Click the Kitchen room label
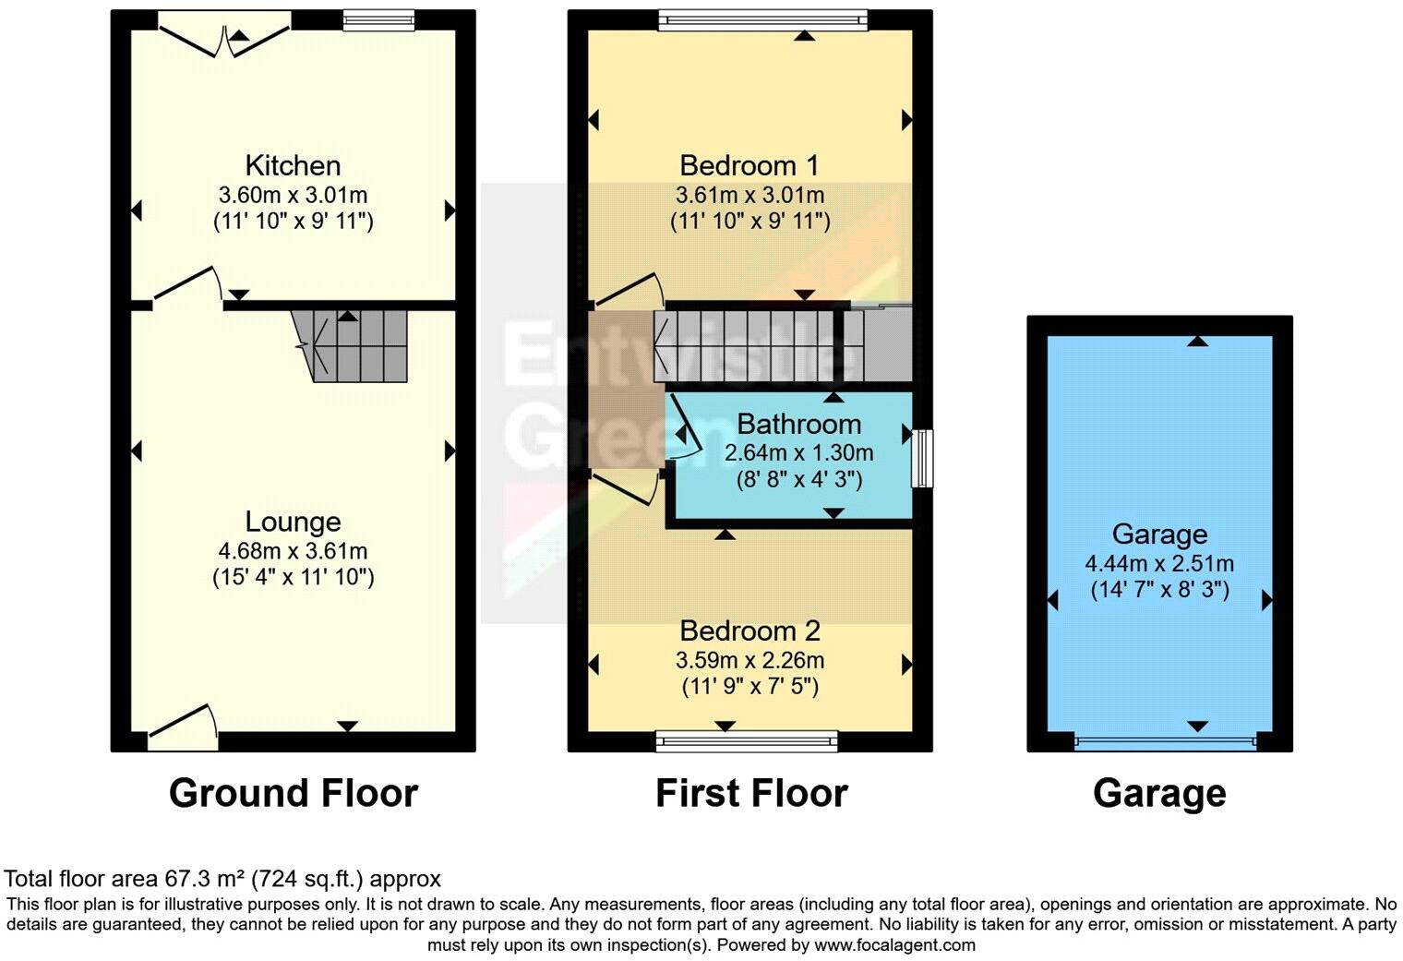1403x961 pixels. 293,166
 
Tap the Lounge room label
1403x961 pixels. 293,523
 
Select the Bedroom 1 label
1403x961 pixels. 749,166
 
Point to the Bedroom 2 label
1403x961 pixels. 749,631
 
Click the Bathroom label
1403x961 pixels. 798,425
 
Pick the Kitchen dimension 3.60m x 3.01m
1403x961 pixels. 293,196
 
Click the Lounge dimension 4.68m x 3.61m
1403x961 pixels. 293,552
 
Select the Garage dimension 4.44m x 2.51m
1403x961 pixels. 1159,564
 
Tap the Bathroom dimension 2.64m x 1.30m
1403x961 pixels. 798,453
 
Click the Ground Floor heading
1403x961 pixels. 293,794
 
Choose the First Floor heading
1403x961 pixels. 751,794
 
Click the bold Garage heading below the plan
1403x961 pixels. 1159,794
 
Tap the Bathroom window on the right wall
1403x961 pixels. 921,458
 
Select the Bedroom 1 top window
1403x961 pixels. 762,20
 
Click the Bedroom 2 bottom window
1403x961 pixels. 747,740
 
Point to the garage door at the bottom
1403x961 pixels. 1165,741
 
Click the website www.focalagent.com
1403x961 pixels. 894,945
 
